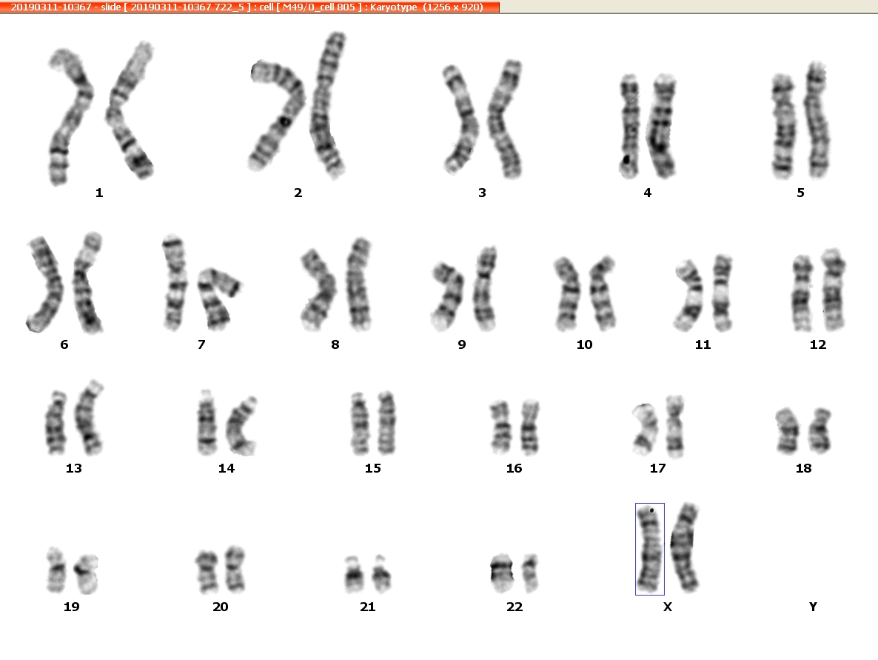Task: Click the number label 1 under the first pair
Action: tap(99, 193)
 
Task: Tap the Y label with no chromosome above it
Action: tap(813, 607)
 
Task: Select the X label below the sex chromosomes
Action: tap(668, 607)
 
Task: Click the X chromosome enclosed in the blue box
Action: tap(649, 549)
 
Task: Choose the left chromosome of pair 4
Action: tap(630, 126)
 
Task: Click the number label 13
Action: tap(74, 468)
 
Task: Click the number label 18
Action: tap(803, 468)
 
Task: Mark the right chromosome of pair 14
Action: tap(241, 426)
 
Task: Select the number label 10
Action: tap(584, 344)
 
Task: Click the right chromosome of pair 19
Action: tap(87, 573)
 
